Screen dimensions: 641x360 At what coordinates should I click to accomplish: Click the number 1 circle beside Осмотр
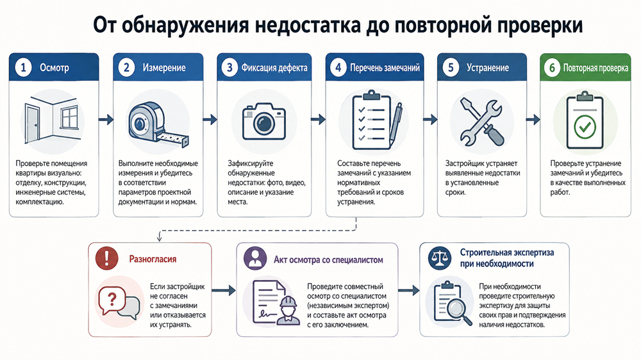[x=23, y=67]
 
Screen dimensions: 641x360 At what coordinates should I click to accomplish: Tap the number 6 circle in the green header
[x=552, y=67]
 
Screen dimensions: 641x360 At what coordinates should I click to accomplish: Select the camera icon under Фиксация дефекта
[x=263, y=121]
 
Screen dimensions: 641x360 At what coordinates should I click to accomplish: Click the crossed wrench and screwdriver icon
[x=482, y=121]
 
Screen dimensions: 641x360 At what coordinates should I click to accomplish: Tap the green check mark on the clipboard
[x=585, y=127]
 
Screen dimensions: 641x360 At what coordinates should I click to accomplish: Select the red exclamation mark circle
[x=106, y=258]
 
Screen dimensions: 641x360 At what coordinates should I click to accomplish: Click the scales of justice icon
[x=440, y=258]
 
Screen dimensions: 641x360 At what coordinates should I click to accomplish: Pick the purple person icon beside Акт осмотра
[x=255, y=258]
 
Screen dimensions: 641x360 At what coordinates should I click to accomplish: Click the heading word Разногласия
[x=153, y=259]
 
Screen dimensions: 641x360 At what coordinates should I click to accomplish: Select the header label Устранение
[x=488, y=68]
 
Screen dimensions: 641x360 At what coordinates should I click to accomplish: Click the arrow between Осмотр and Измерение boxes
[x=106, y=120]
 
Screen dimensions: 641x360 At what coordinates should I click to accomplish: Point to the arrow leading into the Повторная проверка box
[x=533, y=120]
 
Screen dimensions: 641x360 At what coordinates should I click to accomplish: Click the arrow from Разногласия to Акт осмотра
[x=224, y=291]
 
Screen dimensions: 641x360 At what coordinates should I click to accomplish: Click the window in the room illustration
[x=69, y=117]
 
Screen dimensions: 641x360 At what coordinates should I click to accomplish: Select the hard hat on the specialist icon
[x=288, y=302]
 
